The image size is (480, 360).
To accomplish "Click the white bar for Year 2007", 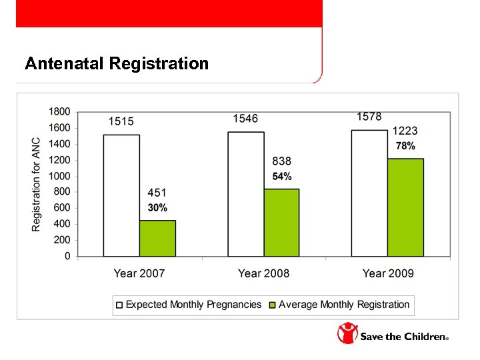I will tap(121, 195).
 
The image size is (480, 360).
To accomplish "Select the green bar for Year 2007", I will tap(157, 238).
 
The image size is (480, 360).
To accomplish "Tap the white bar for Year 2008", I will tap(245, 194).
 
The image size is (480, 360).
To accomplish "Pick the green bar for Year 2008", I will tap(281, 223).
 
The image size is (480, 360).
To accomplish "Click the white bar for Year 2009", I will tap(369, 193).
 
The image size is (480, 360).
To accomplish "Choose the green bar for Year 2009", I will tap(405, 207).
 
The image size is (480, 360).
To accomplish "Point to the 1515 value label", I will tap(121, 121).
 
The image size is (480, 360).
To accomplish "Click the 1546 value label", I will tap(245, 118).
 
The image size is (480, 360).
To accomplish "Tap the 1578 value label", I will tap(369, 117).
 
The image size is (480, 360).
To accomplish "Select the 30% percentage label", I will tap(157, 208).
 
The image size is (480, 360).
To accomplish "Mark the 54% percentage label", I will tap(281, 177).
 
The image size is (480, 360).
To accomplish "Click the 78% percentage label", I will tap(405, 146).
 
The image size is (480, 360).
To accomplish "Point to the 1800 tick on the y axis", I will tap(59, 111).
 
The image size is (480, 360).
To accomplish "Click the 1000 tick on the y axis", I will tap(59, 176).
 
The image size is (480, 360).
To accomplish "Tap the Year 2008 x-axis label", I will tap(263, 273).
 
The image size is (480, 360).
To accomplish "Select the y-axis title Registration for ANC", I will tap(36, 185).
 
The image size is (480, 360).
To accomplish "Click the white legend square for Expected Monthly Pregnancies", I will tap(119, 305).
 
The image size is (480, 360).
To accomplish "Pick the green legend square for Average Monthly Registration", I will tap(272, 305).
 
